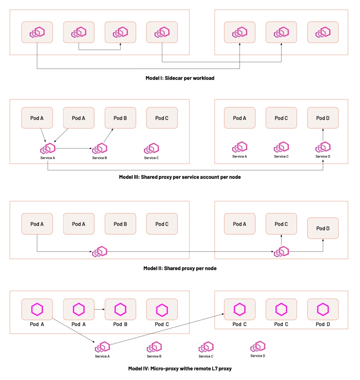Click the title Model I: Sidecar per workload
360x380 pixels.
(x=180, y=78)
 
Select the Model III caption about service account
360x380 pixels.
(x=180, y=177)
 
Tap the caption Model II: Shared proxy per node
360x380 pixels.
(x=180, y=268)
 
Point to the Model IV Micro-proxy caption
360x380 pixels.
(x=180, y=368)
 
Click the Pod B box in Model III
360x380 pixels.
(x=120, y=118)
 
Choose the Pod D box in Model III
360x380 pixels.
(x=323, y=118)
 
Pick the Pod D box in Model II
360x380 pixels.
(x=323, y=228)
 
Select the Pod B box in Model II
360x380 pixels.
(x=120, y=224)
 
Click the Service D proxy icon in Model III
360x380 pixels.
(x=323, y=147)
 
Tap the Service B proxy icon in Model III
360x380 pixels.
(x=99, y=148)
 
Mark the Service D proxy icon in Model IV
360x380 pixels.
(x=258, y=346)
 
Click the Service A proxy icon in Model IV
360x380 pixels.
(x=102, y=347)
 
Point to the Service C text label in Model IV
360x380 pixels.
(x=206, y=356)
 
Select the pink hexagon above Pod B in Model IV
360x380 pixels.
(x=120, y=309)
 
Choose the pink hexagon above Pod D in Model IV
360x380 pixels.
(x=323, y=309)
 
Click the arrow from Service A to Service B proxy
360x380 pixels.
(x=74, y=148)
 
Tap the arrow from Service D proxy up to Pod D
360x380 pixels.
(x=323, y=135)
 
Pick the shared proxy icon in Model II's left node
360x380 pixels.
(x=99, y=252)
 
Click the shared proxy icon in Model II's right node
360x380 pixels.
(x=281, y=252)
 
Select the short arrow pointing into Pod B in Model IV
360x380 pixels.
(x=99, y=309)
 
